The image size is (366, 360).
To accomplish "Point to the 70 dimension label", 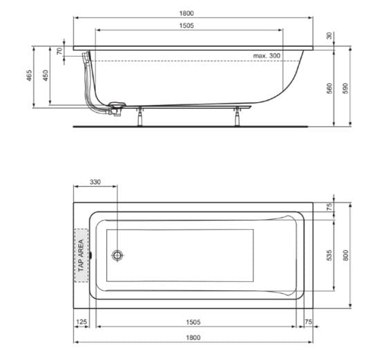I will (x=60, y=51).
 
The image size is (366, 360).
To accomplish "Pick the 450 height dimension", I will (x=46, y=76).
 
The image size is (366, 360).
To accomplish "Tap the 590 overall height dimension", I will (x=348, y=88).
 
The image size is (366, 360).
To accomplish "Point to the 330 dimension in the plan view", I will (x=95, y=182).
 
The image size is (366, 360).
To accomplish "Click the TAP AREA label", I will (x=81, y=255).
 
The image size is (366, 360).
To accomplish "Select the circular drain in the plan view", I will (x=117, y=255).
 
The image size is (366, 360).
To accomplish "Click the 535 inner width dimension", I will (x=329, y=255).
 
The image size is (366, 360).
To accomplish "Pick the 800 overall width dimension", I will (x=348, y=254).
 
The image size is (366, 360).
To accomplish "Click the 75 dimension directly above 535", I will (x=329, y=206).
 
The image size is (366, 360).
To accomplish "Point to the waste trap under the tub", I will (x=115, y=106).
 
